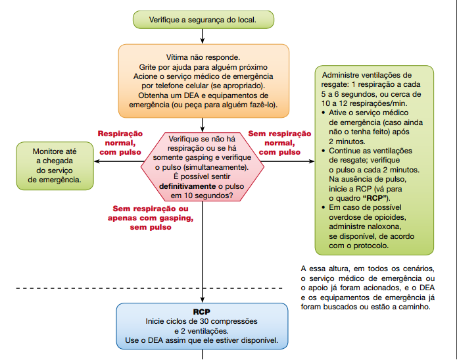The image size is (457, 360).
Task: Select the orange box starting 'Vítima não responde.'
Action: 204,80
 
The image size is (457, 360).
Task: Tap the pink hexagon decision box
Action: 204,167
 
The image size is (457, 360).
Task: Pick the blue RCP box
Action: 203,325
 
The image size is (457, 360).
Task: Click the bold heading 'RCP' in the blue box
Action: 201,311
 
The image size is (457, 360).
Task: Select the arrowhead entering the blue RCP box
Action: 203,299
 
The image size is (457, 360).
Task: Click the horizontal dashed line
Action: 66,288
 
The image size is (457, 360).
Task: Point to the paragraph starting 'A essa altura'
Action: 368,287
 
